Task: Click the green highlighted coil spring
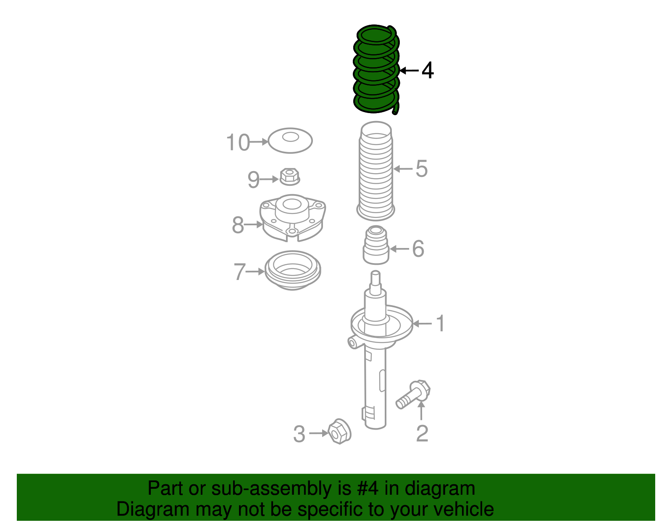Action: tap(375, 69)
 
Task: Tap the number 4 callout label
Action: tap(427, 71)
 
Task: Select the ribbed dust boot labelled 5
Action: tap(375, 172)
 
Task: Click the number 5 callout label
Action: tap(421, 169)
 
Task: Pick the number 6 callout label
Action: tap(418, 249)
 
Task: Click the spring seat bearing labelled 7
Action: tap(293, 270)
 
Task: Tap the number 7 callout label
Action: tap(239, 272)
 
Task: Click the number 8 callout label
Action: tap(238, 225)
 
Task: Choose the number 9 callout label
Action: tap(253, 180)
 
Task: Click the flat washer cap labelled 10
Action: tap(290, 140)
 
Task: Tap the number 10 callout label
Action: tap(238, 142)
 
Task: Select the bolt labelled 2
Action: tap(413, 394)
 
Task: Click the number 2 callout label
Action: tap(422, 434)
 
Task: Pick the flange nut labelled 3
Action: tap(339, 432)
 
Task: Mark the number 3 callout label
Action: tap(299, 434)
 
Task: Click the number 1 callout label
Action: tap(440, 324)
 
